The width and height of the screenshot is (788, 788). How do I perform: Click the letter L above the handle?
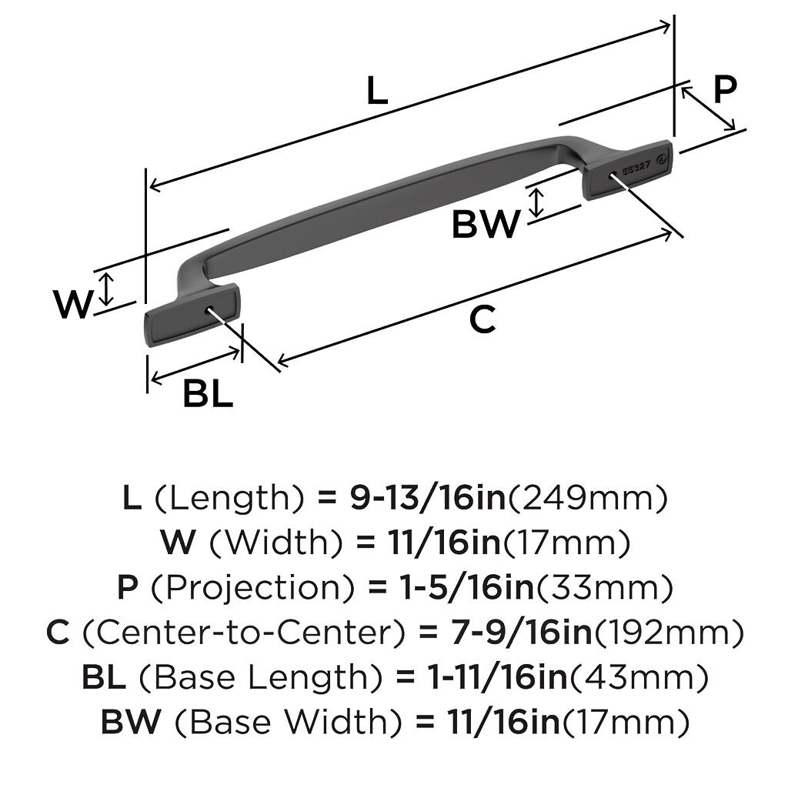376,92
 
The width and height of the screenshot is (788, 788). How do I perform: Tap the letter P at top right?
724,89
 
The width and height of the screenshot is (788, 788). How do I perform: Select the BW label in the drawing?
486,225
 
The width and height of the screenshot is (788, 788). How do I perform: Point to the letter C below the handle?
482,319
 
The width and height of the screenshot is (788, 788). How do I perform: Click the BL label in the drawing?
208,395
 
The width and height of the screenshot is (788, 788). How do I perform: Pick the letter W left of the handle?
74,305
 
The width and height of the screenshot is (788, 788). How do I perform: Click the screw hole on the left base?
209,309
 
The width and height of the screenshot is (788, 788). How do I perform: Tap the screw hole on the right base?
611,174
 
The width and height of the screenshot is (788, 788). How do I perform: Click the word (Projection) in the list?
254,589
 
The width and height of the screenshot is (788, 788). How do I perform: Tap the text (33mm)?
604,589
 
